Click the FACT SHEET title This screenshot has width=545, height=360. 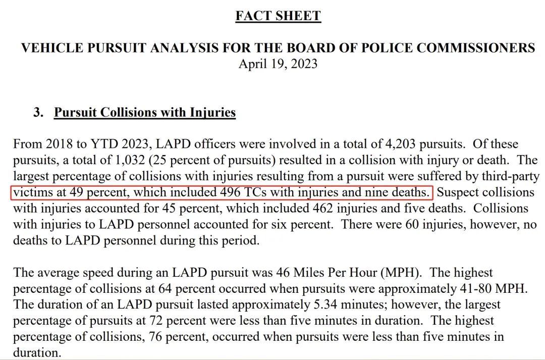pos(278,16)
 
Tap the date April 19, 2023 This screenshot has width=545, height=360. pos(278,64)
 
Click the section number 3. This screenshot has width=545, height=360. pos(38,112)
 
